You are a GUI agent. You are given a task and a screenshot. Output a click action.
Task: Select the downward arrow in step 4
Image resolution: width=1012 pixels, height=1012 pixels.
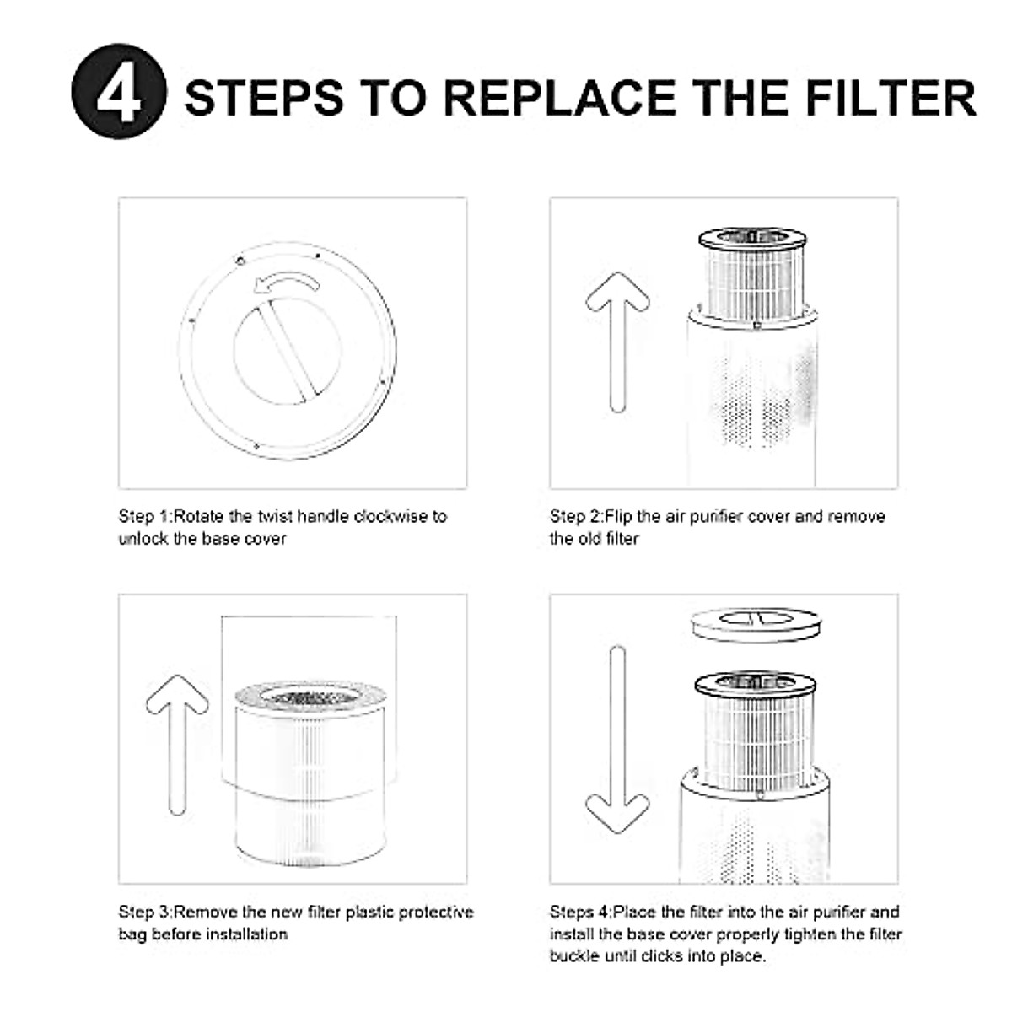click(617, 742)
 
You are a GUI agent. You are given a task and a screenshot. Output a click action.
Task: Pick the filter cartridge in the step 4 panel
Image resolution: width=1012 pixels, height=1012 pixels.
click(754, 721)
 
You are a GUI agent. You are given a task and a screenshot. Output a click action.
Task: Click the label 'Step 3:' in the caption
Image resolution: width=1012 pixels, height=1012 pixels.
click(145, 912)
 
